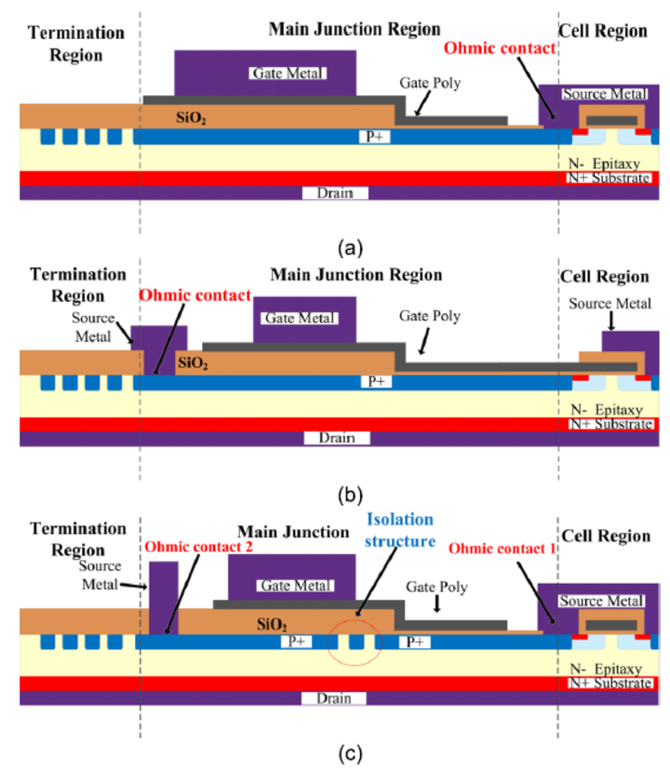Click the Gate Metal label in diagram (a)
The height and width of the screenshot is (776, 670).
[x=288, y=74]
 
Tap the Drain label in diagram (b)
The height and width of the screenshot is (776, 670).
[x=337, y=438]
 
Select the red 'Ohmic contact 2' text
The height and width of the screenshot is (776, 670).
[x=199, y=547]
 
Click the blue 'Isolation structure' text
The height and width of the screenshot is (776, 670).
[x=400, y=530]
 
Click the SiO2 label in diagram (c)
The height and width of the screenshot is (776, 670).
[x=272, y=624]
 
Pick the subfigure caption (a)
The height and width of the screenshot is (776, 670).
[x=350, y=248]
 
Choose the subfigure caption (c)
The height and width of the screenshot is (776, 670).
[x=350, y=754]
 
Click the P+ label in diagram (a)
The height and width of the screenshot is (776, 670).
[x=374, y=136]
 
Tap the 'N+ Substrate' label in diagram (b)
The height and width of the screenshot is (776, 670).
[x=611, y=424]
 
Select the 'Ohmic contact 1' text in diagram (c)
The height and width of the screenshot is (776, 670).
[x=502, y=549]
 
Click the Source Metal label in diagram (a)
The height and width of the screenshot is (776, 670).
[x=605, y=94]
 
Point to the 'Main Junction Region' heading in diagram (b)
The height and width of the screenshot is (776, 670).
[x=356, y=275]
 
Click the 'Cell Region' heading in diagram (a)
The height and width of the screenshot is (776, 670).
[x=603, y=31]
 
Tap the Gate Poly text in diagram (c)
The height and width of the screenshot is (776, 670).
[x=436, y=588]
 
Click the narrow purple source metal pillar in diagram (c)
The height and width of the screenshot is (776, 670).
[x=164, y=597]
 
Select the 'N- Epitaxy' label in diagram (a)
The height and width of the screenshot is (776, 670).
[x=604, y=163]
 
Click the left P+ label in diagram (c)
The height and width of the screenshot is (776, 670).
[x=296, y=642]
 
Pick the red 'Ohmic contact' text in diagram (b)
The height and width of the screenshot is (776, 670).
[x=194, y=295]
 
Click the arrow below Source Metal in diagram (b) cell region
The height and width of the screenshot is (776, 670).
[x=611, y=321]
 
